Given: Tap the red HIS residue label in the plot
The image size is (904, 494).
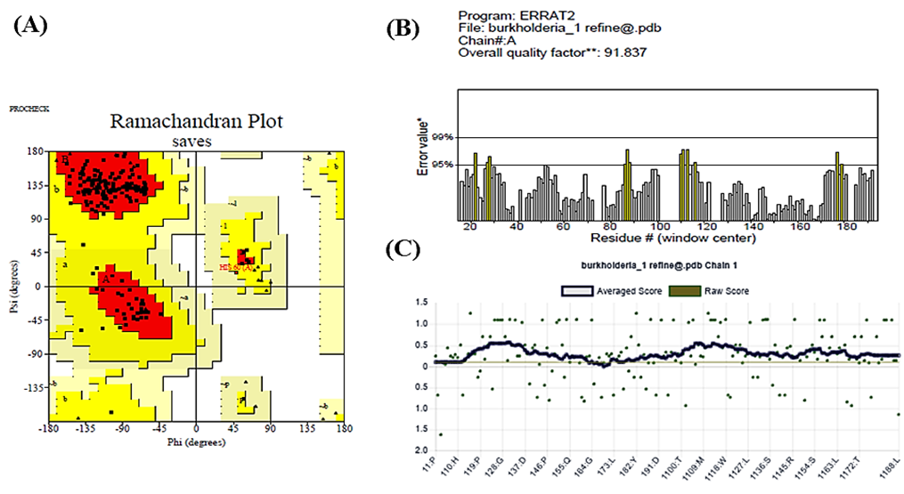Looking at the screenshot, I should (233, 266).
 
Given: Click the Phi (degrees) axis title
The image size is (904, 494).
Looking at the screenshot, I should (183, 440).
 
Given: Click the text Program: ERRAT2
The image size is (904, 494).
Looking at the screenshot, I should (509, 15).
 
